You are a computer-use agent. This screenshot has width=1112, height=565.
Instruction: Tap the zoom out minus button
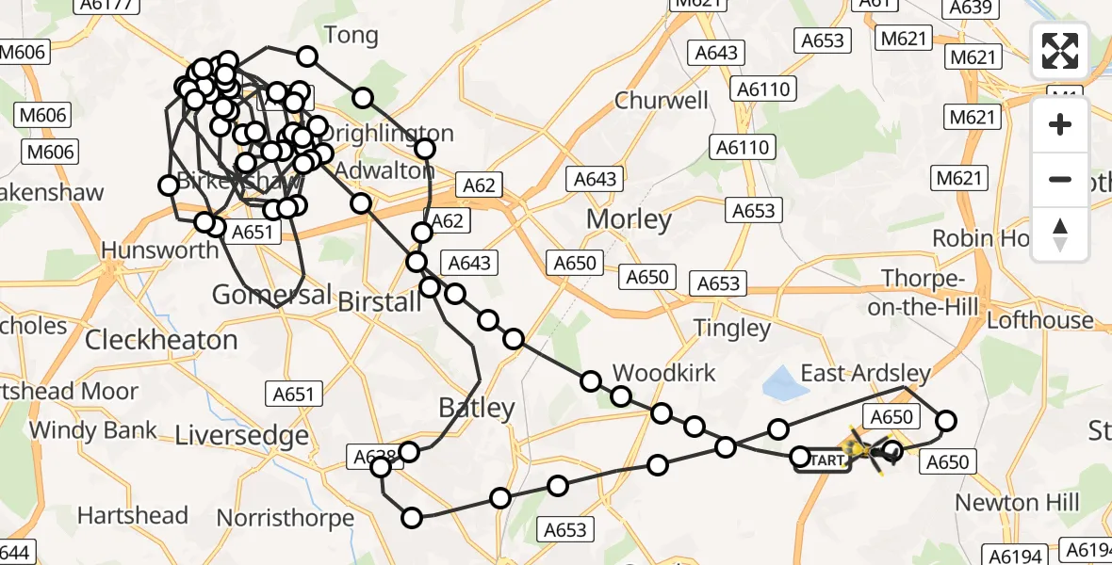(1060, 179)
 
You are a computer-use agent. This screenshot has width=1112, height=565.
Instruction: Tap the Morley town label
(629, 219)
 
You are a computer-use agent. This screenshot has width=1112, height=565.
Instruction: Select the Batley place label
(477, 408)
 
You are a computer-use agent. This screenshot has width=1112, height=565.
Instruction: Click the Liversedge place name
(242, 435)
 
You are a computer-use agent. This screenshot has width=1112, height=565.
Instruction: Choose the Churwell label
(661, 100)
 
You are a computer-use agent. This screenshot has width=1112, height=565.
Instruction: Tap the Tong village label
(351, 36)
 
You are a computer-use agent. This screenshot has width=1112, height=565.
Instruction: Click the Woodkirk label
(663, 373)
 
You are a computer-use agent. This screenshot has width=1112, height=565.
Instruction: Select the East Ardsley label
(865, 374)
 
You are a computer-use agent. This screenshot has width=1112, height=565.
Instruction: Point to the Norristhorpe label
(286, 518)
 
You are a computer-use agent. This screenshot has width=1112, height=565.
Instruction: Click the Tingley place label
(731, 328)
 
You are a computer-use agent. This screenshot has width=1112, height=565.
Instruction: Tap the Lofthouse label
(1039, 320)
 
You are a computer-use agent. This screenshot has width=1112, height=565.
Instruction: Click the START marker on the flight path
(824, 461)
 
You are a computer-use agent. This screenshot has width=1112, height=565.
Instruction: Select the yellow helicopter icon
(869, 451)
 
